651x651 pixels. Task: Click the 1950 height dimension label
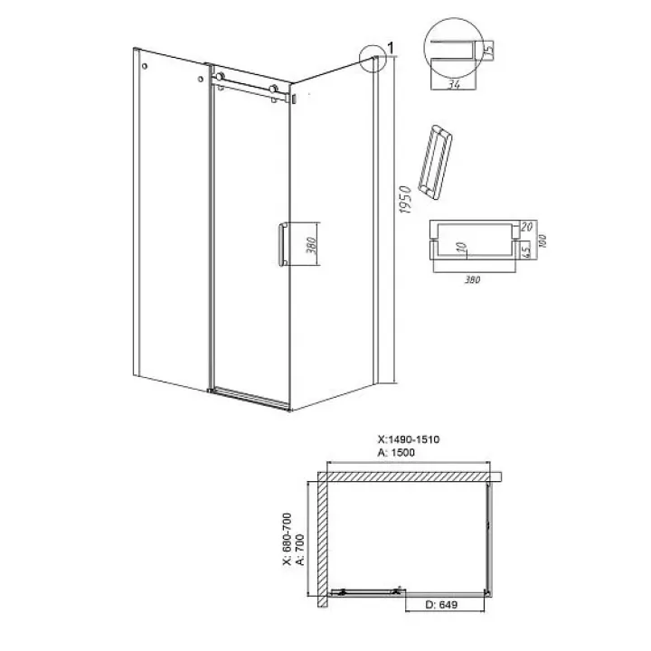(406, 200)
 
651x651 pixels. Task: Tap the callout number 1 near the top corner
(391, 48)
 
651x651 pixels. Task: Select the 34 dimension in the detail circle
(454, 84)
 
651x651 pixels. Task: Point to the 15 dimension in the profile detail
(488, 50)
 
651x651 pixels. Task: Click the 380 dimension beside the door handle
(311, 245)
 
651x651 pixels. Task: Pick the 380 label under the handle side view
(473, 279)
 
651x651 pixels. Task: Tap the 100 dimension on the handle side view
(542, 241)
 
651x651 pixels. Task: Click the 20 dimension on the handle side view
(526, 227)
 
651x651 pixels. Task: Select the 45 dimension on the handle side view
(525, 250)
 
